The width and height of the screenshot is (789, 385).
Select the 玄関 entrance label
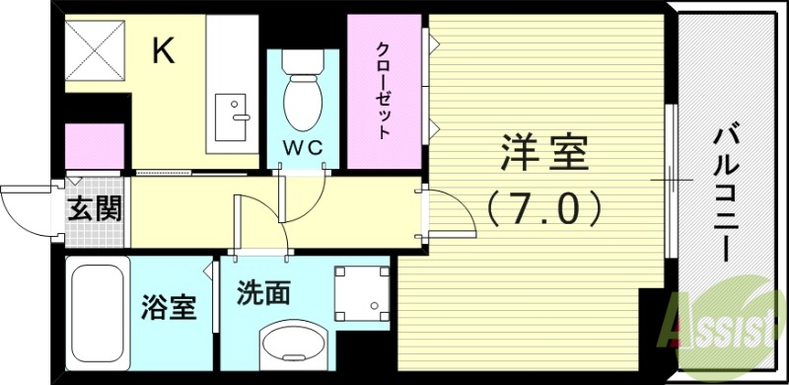(95, 209)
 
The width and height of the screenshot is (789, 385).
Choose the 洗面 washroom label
(263, 292)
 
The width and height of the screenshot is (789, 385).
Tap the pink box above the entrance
(94, 146)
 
